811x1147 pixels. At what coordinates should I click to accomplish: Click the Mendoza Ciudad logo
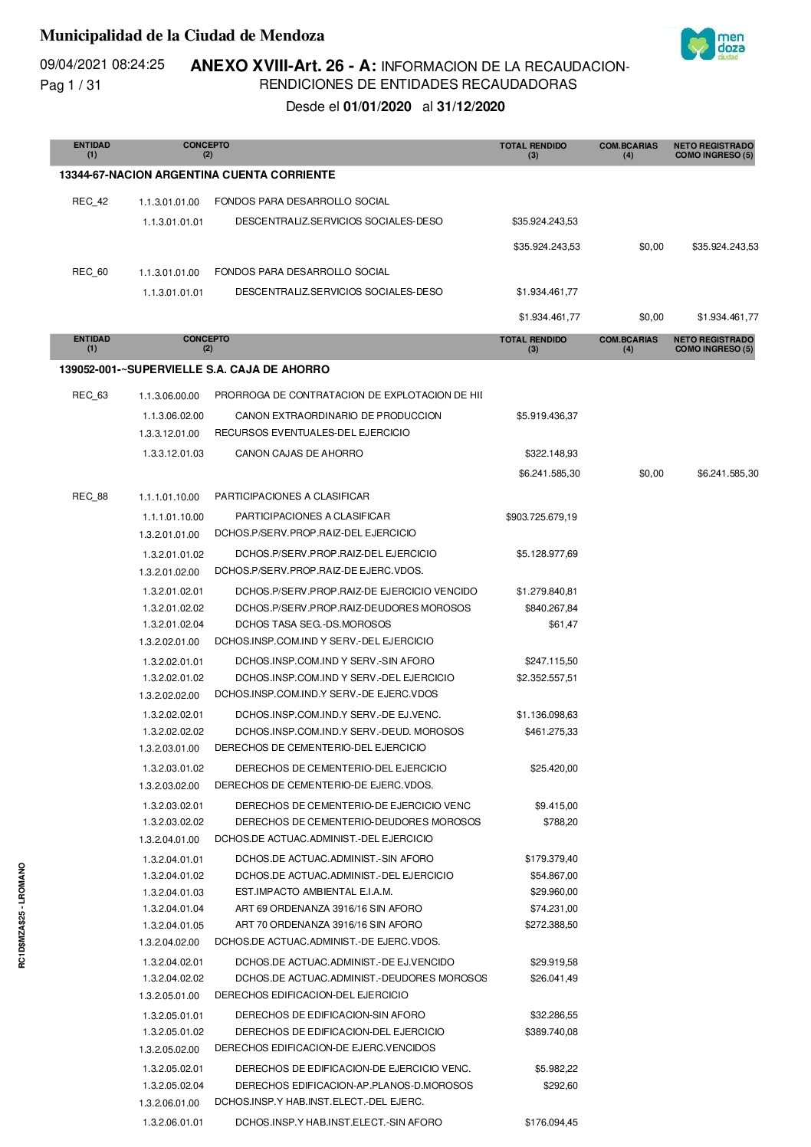[x=713, y=44]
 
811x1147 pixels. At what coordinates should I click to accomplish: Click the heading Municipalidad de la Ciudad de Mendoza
[x=182, y=35]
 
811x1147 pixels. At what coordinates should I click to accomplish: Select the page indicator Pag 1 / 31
[x=71, y=85]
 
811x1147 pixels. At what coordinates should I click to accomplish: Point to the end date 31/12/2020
[x=471, y=107]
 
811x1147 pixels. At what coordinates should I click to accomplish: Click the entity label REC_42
[x=90, y=202]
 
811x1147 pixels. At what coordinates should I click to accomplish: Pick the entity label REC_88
[x=90, y=496]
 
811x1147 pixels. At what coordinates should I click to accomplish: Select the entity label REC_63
[x=90, y=395]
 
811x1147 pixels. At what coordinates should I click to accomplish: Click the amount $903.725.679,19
[x=541, y=517]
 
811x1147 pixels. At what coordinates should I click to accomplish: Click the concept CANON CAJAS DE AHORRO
[x=299, y=454]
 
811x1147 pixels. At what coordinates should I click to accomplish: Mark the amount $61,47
[x=563, y=624]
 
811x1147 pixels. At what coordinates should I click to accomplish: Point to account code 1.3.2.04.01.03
[x=173, y=893]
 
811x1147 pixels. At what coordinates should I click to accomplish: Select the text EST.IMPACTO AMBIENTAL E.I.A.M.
[x=314, y=892]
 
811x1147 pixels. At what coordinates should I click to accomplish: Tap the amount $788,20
[x=560, y=822]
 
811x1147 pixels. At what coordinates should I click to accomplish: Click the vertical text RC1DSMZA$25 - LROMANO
[x=22, y=915]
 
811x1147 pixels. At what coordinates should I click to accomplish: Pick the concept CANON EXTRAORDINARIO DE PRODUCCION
[x=338, y=416]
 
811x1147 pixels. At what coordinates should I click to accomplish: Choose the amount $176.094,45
[x=551, y=1122]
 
